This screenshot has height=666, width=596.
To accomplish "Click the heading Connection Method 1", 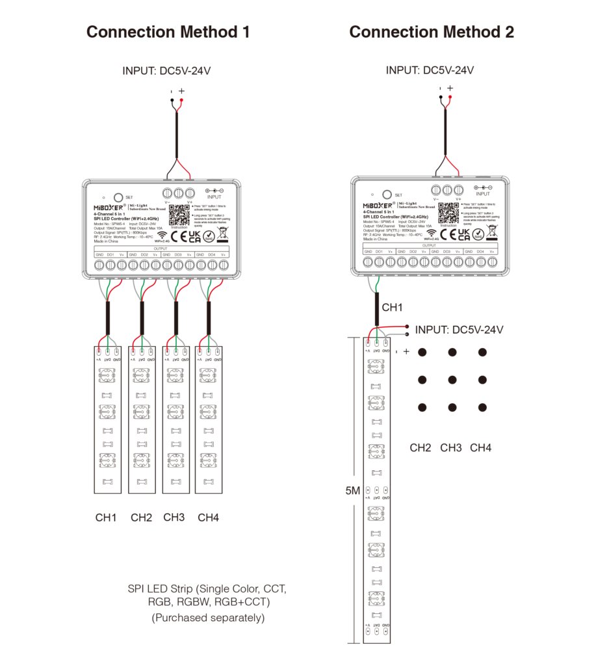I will tap(168, 32).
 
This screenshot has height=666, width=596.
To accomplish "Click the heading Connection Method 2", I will tap(432, 32).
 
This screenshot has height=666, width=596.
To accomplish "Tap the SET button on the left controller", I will tap(118, 196).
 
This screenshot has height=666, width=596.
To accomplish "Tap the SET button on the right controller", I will tap(387, 194).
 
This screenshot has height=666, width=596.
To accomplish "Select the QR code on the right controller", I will tap(447, 211).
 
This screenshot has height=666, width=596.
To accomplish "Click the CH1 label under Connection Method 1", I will tap(106, 518).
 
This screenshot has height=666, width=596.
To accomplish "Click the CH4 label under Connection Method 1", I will tap(208, 518).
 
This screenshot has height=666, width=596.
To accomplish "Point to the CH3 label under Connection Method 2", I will tap(450, 447).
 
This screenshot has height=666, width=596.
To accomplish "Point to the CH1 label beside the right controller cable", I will tap(393, 307).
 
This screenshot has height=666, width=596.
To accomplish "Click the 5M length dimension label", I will tap(352, 491).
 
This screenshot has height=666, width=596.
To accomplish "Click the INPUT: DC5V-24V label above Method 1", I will tap(166, 71).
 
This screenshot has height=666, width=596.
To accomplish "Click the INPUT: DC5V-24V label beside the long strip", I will tap(459, 330).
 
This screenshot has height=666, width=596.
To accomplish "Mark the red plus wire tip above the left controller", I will tap(181, 101).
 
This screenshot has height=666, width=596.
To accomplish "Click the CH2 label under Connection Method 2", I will tap(421, 447).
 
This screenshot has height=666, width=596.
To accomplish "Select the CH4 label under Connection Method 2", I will tap(481, 447).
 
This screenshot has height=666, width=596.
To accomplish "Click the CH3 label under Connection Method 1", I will tap(174, 518).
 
